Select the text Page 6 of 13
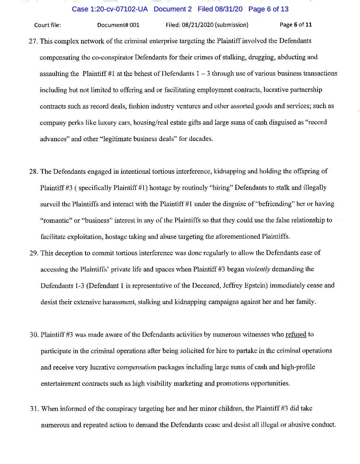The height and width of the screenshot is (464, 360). point(268,9)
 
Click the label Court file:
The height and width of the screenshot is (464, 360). point(48,25)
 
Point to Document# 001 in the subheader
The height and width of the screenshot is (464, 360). point(118,25)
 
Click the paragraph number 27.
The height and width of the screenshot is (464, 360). point(33,41)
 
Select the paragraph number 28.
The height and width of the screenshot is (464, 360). point(34,172)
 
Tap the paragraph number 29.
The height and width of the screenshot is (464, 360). point(34,253)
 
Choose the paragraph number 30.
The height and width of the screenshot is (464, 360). point(34,335)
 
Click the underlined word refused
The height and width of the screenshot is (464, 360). point(296,335)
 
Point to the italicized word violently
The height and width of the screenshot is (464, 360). point(258,269)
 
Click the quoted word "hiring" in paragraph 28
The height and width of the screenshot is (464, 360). point(221,188)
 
